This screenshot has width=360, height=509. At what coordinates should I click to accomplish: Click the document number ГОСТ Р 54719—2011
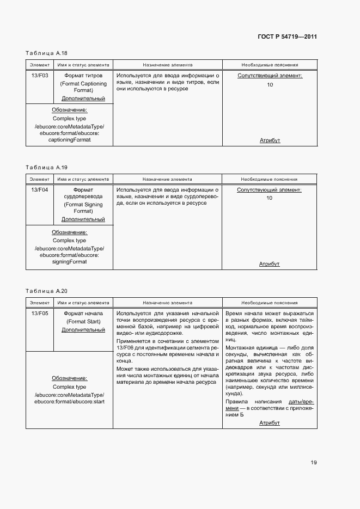[287, 38]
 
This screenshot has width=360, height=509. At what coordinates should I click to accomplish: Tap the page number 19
[314, 463]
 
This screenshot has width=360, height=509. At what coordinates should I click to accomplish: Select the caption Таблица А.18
[46, 53]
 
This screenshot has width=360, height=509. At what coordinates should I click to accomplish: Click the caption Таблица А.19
[46, 168]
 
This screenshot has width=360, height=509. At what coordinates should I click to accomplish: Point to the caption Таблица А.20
[46, 291]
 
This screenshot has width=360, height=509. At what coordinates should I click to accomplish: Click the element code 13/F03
[40, 76]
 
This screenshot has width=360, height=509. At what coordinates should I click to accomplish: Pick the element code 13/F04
[40, 190]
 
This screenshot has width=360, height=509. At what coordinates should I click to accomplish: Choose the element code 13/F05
[40, 314]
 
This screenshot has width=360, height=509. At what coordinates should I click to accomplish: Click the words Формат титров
[83, 76]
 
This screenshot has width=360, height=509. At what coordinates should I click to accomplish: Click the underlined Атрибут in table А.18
[270, 140]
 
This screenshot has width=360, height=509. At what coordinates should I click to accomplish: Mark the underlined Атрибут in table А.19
[269, 264]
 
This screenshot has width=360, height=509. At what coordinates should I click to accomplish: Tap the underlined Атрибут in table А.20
[269, 422]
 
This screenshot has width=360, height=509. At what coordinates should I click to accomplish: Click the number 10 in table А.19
[269, 198]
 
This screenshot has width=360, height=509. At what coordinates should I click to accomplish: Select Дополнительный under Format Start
[83, 330]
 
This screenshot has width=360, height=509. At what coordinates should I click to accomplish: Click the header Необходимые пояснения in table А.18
[270, 65]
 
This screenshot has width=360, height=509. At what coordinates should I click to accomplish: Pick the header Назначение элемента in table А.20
[167, 303]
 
